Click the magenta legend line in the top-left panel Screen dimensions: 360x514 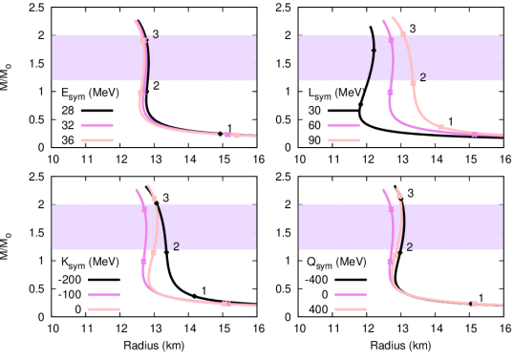coord(96,124)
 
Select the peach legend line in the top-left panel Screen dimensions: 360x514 coord(96,139)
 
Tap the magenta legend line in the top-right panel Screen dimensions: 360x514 coord(343,124)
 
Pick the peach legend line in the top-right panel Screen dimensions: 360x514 coord(343,139)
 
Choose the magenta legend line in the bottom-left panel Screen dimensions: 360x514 coord(103,294)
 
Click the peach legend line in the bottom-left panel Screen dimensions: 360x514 coord(103,309)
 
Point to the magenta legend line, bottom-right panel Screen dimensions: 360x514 coord(351,294)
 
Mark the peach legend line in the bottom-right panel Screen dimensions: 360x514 coord(351,309)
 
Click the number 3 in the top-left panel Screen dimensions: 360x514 coord(156,36)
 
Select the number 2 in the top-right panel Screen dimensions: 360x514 coord(422,77)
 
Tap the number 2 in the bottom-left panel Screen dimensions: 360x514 coord(176,246)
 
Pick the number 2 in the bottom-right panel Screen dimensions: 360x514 coord(409,247)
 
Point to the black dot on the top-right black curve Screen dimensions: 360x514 coord(374,50)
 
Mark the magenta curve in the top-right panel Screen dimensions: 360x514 coord(392,95)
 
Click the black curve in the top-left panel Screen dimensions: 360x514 coord(148,57)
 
